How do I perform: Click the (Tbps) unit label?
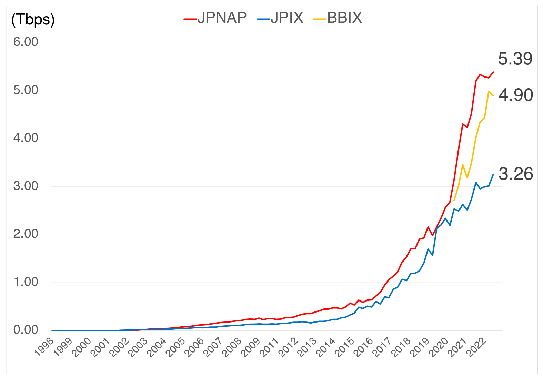pyautogui.click(x=33, y=19)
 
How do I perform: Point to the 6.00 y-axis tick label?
pyautogui.click(x=26, y=42)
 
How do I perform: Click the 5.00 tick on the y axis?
pyautogui.click(x=26, y=90)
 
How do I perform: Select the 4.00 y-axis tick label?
pyautogui.click(x=26, y=138)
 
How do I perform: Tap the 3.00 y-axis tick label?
pyautogui.click(x=26, y=186)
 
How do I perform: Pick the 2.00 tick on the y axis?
pyautogui.click(x=26, y=234)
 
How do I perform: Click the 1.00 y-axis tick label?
pyautogui.click(x=26, y=282)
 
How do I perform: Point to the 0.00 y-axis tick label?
pyautogui.click(x=26, y=330)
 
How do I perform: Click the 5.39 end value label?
pyautogui.click(x=515, y=59)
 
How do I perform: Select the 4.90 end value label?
pyautogui.click(x=516, y=95)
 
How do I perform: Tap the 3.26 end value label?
pyautogui.click(x=516, y=174)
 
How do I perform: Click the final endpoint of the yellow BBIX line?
pyautogui.click(x=493, y=96)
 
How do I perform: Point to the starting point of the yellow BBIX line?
pyautogui.click(x=454, y=200)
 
